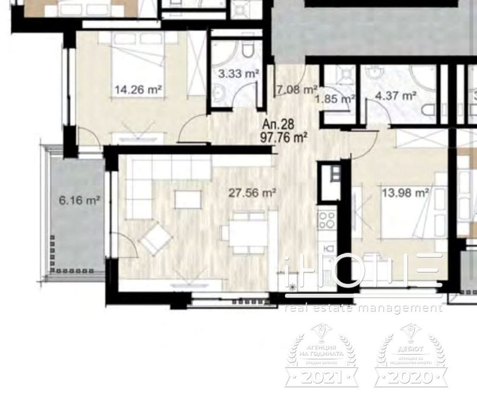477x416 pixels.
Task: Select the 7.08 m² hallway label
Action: (296, 90)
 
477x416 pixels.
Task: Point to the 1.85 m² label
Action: (341, 99)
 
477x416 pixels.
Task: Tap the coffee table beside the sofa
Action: (187, 199)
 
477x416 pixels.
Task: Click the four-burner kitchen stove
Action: (327, 221)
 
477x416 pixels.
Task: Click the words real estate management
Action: (364, 308)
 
